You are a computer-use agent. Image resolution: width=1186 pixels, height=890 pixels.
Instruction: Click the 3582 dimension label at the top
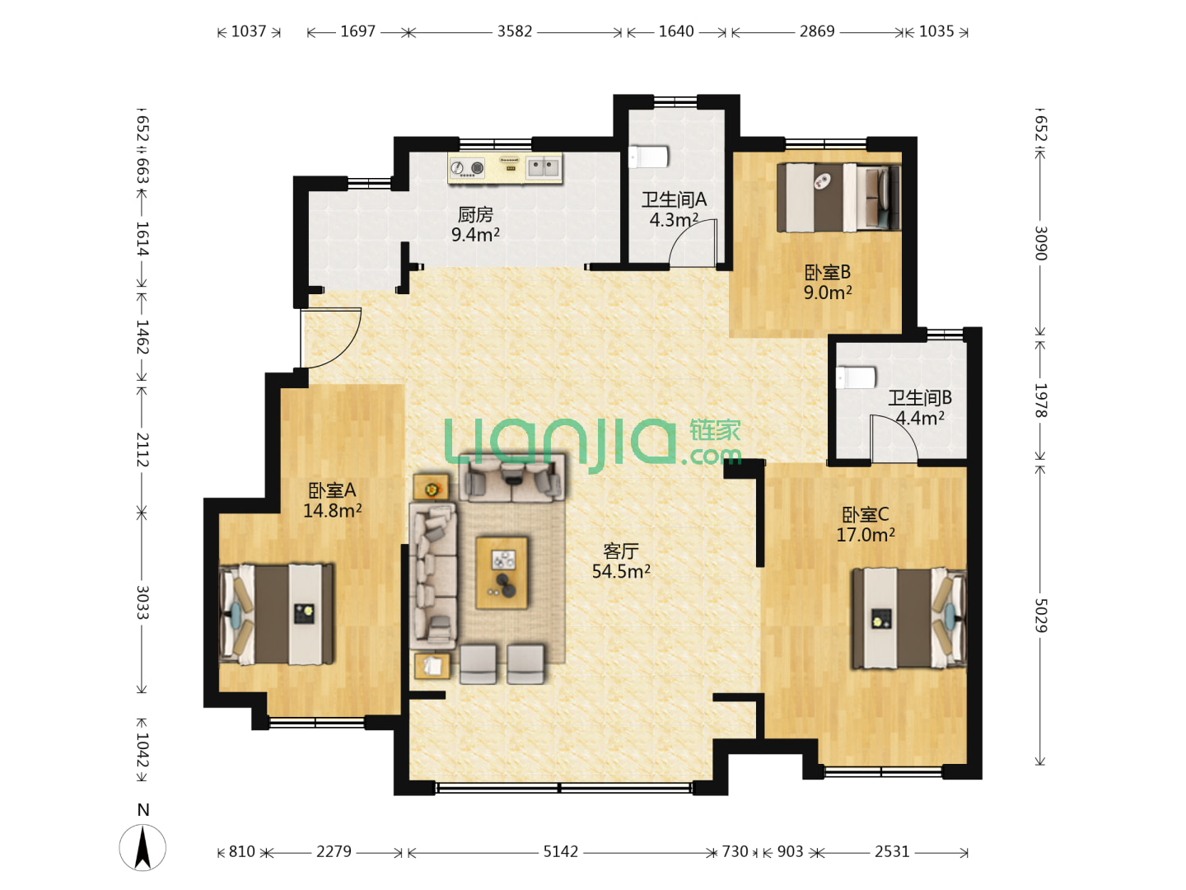(514, 31)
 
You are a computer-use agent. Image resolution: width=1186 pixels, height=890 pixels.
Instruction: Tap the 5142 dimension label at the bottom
(560, 851)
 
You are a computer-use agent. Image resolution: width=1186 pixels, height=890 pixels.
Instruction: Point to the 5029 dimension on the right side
(1040, 615)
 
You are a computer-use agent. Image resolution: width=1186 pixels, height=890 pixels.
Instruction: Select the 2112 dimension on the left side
(142, 449)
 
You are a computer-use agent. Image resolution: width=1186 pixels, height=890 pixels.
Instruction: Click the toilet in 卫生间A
(648, 157)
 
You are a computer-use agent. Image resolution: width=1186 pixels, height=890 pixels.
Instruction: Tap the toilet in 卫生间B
(856, 377)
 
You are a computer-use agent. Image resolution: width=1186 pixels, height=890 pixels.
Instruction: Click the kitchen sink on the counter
(543, 167)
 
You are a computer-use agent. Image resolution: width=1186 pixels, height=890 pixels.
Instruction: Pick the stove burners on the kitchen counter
(467, 168)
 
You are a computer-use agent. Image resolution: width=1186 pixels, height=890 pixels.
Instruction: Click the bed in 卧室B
(838, 198)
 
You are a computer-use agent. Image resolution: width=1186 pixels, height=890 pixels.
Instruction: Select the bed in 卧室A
(276, 614)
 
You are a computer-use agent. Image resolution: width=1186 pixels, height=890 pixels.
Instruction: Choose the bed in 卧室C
(909, 618)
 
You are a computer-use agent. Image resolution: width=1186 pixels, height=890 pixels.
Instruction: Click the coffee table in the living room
(501, 573)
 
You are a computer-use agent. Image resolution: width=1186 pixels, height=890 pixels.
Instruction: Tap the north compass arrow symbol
(142, 847)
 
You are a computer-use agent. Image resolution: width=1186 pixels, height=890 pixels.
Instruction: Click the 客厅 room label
(621, 551)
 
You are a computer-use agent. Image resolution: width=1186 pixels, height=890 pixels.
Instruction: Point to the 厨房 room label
(475, 214)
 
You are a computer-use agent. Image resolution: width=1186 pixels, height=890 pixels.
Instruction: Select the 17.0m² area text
(865, 535)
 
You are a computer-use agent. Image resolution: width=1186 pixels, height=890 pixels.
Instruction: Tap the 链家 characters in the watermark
(714, 431)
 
